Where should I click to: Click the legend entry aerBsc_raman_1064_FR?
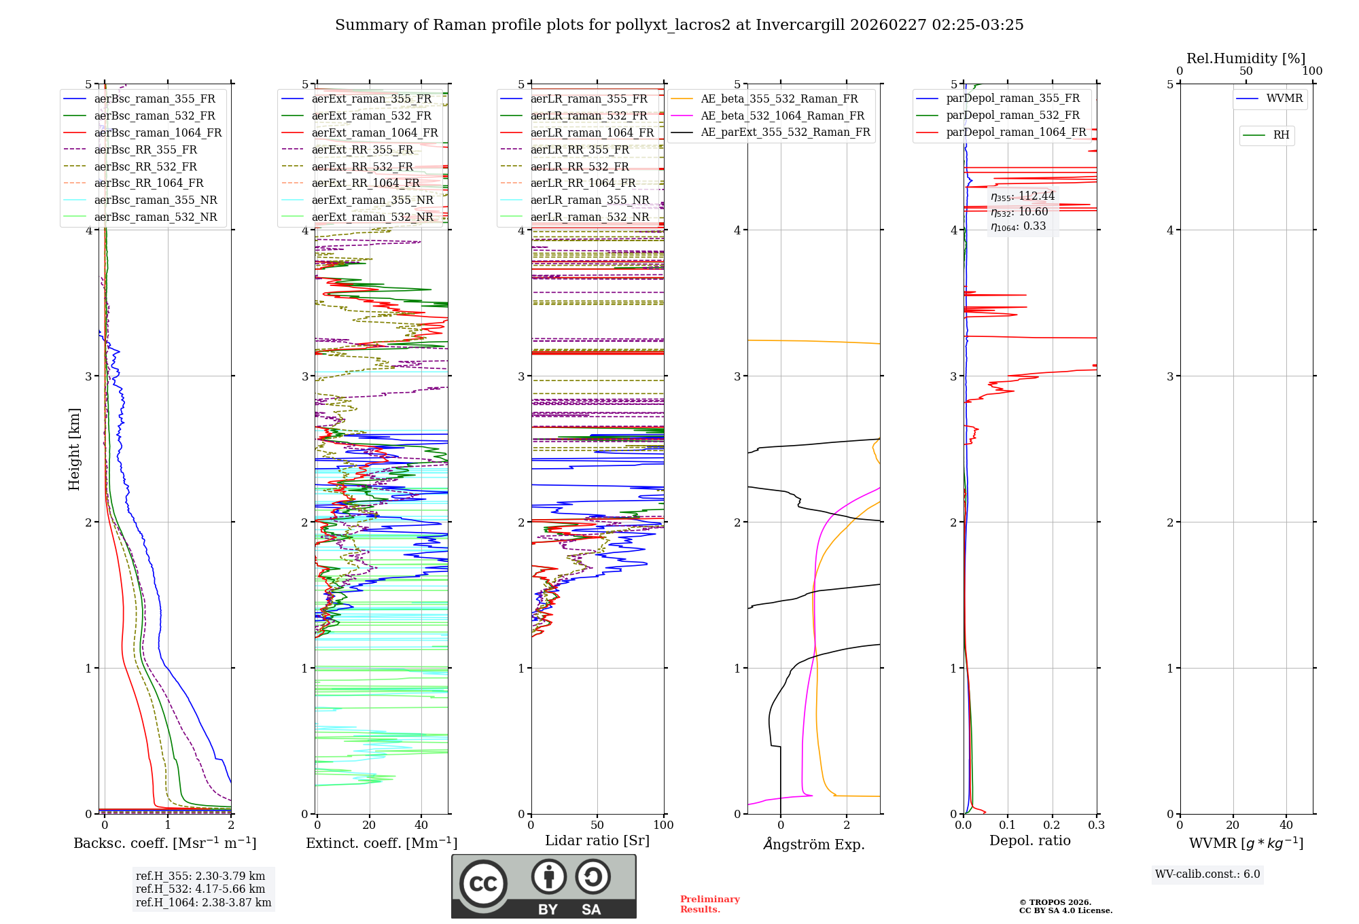pos(158,132)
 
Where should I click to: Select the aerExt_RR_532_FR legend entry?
pos(362,166)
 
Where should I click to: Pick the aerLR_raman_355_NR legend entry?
pos(590,200)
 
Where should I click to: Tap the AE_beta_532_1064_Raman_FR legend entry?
pos(782,115)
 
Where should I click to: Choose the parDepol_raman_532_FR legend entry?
pos(1012,115)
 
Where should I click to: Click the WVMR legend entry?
pos(1284,99)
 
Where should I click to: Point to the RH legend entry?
pos(1281,135)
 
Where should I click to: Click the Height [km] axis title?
pos(74,449)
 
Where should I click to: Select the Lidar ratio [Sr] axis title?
pos(597,840)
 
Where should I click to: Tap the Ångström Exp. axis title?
pos(813,844)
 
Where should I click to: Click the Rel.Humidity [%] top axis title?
pos(1246,58)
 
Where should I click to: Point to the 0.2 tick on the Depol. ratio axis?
pos(1052,825)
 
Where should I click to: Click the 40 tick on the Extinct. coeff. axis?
pos(421,825)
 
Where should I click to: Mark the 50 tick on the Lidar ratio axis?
pos(597,825)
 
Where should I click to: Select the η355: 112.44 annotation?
pos(1022,196)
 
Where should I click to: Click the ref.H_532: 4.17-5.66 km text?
pos(200,889)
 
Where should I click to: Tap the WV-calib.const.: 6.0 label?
pos(1207,874)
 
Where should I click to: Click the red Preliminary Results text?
pos(709,904)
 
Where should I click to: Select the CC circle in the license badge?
pos(483,883)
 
